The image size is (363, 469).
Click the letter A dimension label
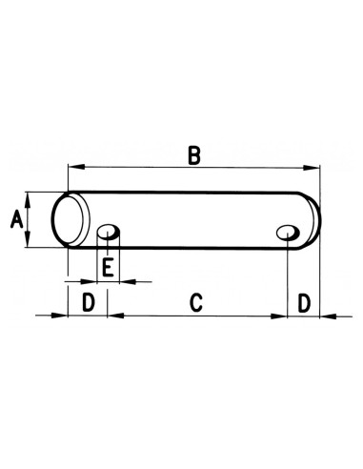14,220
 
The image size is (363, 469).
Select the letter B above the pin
193,156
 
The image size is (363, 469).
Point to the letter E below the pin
108,268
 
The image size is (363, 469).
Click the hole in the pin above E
110,231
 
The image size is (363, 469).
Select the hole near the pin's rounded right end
287,231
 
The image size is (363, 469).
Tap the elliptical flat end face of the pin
69,220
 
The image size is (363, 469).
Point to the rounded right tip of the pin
313,220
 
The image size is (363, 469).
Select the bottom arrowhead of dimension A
29,244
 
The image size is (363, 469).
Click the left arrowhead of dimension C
113,316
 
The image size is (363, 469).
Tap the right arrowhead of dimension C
281,316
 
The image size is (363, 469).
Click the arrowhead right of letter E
124,282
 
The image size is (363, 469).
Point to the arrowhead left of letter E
91,282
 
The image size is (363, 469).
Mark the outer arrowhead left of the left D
60,316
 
